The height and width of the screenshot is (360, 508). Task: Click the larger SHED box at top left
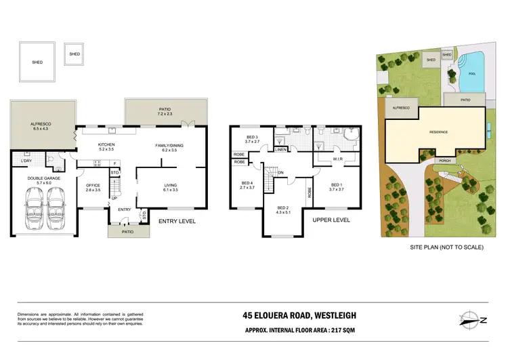click(37, 62)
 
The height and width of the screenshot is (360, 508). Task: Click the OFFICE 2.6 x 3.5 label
click(93, 188)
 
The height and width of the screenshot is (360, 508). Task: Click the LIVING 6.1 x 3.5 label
click(171, 188)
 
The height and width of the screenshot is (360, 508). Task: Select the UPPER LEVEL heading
click(331, 221)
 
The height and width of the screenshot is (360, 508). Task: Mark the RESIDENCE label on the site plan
click(438, 132)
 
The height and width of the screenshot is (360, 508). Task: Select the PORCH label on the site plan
click(445, 161)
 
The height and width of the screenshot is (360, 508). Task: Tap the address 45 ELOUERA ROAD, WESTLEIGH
click(299, 315)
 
